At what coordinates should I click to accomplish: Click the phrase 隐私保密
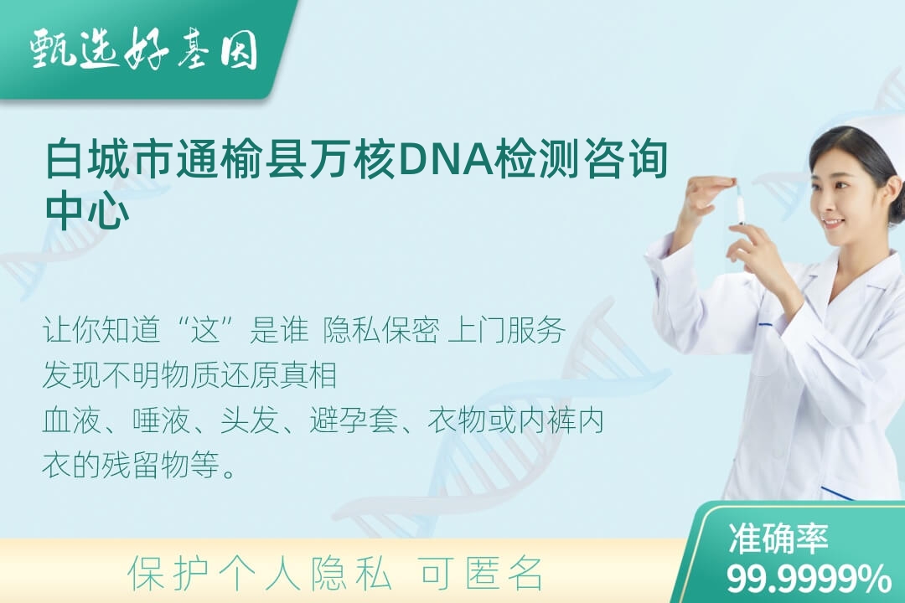pyautogui.click(x=381, y=331)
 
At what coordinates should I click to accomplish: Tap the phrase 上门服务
pyautogui.click(x=506, y=331)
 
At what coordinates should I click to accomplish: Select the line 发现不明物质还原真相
pyautogui.click(x=190, y=375)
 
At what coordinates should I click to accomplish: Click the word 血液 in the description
pyautogui.click(x=71, y=420)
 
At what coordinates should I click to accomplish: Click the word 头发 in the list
pyautogui.click(x=250, y=420)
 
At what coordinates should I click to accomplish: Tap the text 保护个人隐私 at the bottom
pyautogui.click(x=260, y=575)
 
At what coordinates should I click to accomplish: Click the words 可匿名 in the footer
pyautogui.click(x=481, y=575)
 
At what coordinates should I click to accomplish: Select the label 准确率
pyautogui.click(x=778, y=538)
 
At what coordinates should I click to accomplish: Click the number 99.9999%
pyautogui.click(x=808, y=578)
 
